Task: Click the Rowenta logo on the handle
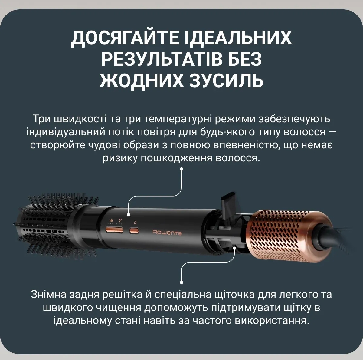[167, 233]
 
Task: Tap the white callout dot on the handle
[129, 214]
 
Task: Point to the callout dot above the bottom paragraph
[181, 282]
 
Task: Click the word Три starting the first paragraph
[42, 119]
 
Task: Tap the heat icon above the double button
[120, 220]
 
